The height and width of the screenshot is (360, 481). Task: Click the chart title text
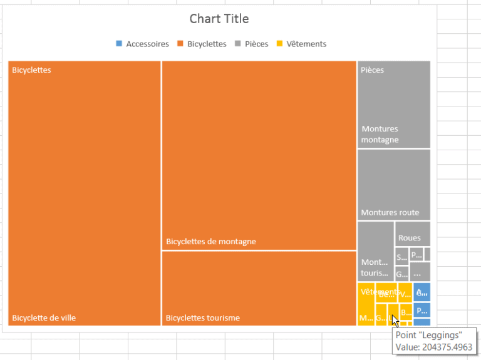[219, 19]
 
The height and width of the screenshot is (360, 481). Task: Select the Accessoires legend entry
[147, 44]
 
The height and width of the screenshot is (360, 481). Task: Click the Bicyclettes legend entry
[207, 44]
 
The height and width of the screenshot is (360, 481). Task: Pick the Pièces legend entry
[257, 44]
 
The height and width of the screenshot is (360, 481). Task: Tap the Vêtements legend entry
[306, 44]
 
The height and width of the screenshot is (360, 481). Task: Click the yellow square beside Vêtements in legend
[280, 44]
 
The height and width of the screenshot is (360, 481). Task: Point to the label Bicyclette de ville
[44, 317]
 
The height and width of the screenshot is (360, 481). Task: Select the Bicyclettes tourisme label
[202, 317]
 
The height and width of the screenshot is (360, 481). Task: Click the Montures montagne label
[380, 134]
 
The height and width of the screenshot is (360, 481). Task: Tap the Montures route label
[390, 212]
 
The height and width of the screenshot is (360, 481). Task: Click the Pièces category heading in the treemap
[372, 70]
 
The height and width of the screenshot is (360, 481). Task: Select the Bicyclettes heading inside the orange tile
[31, 70]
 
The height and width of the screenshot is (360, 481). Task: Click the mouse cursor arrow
[395, 320]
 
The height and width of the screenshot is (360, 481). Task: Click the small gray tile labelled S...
[401, 257]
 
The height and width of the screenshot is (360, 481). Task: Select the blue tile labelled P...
[422, 310]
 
